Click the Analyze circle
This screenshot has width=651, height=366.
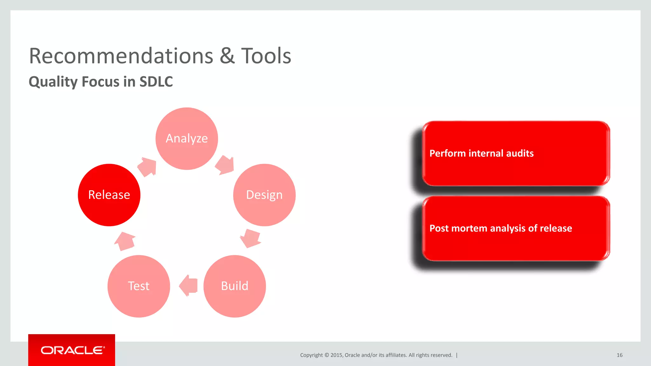pyautogui.click(x=187, y=139)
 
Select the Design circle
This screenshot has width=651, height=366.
pyautogui.click(x=264, y=195)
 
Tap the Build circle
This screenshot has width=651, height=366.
pyautogui.click(x=235, y=286)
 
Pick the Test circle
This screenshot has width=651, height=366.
pyautogui.click(x=139, y=286)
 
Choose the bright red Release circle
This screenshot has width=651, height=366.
pyautogui.click(x=109, y=195)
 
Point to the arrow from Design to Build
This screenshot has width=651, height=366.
pyautogui.click(x=250, y=238)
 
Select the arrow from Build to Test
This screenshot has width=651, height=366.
pyautogui.click(x=188, y=286)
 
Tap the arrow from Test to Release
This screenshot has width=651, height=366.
pyautogui.click(x=125, y=241)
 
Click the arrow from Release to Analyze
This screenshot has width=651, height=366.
pyautogui.click(x=147, y=166)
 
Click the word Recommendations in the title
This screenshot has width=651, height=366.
pyautogui.click(x=121, y=56)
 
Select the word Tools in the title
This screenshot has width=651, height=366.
pyautogui.click(x=266, y=56)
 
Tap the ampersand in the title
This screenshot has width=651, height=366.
pyautogui.click(x=227, y=56)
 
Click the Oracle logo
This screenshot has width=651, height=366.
pyautogui.click(x=72, y=350)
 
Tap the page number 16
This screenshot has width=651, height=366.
pyautogui.click(x=620, y=355)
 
